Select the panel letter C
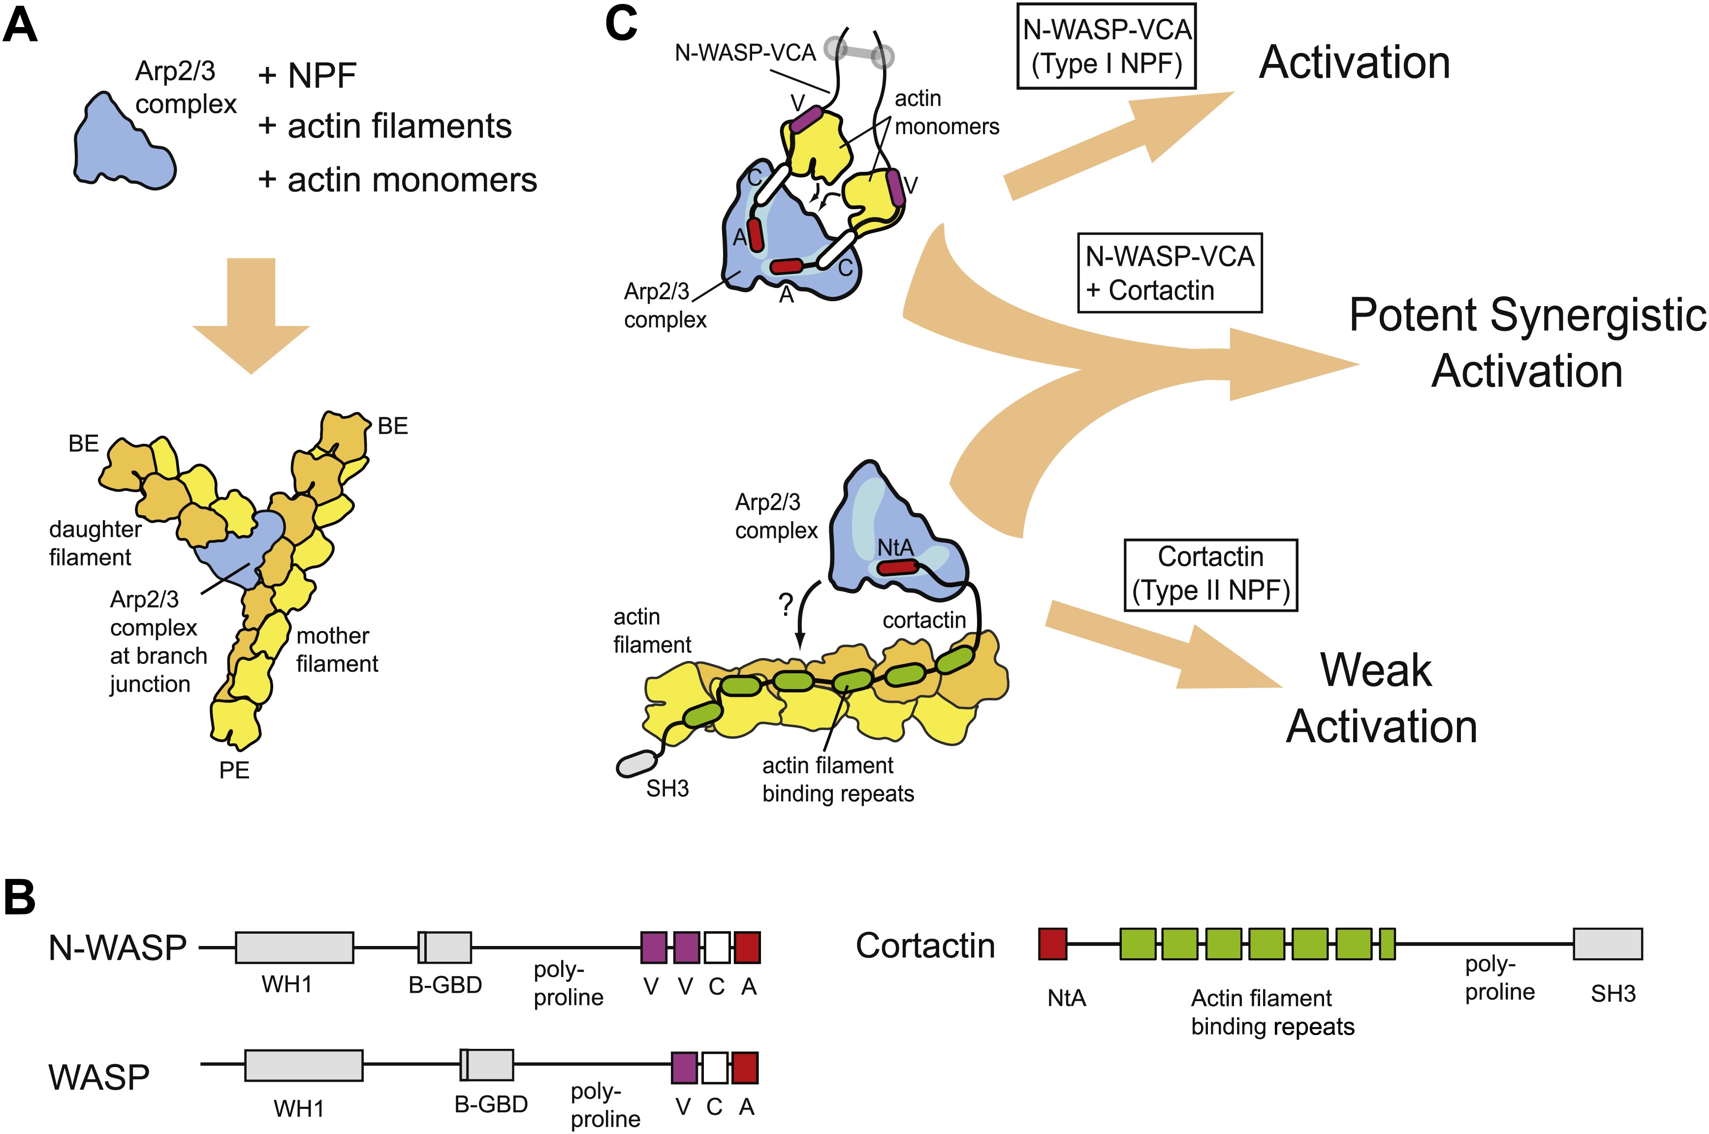(x=621, y=23)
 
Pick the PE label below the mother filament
(x=234, y=770)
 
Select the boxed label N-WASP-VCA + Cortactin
(x=1170, y=273)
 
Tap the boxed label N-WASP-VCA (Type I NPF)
(x=1107, y=46)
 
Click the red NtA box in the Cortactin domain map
(x=1052, y=944)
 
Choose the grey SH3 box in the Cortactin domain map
(x=1607, y=944)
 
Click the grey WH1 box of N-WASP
(x=294, y=947)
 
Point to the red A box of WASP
(x=745, y=1068)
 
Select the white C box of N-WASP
(x=717, y=947)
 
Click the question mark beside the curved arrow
(x=786, y=604)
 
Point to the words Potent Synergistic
(x=1527, y=315)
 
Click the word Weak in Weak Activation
(x=1376, y=670)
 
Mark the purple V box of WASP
(x=684, y=1068)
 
